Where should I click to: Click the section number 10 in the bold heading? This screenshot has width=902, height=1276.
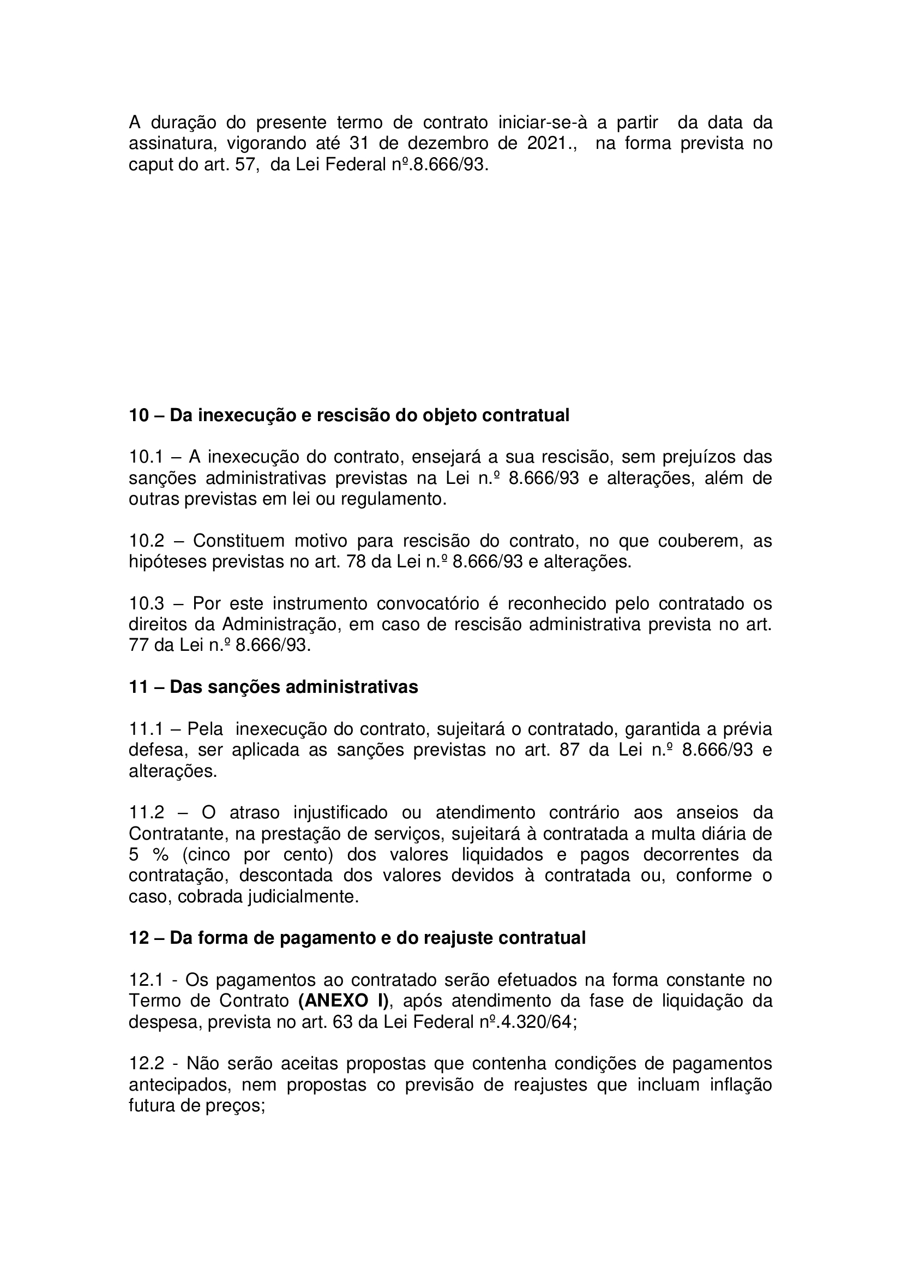click(x=139, y=415)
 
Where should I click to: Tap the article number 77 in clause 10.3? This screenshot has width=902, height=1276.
click(x=139, y=645)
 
